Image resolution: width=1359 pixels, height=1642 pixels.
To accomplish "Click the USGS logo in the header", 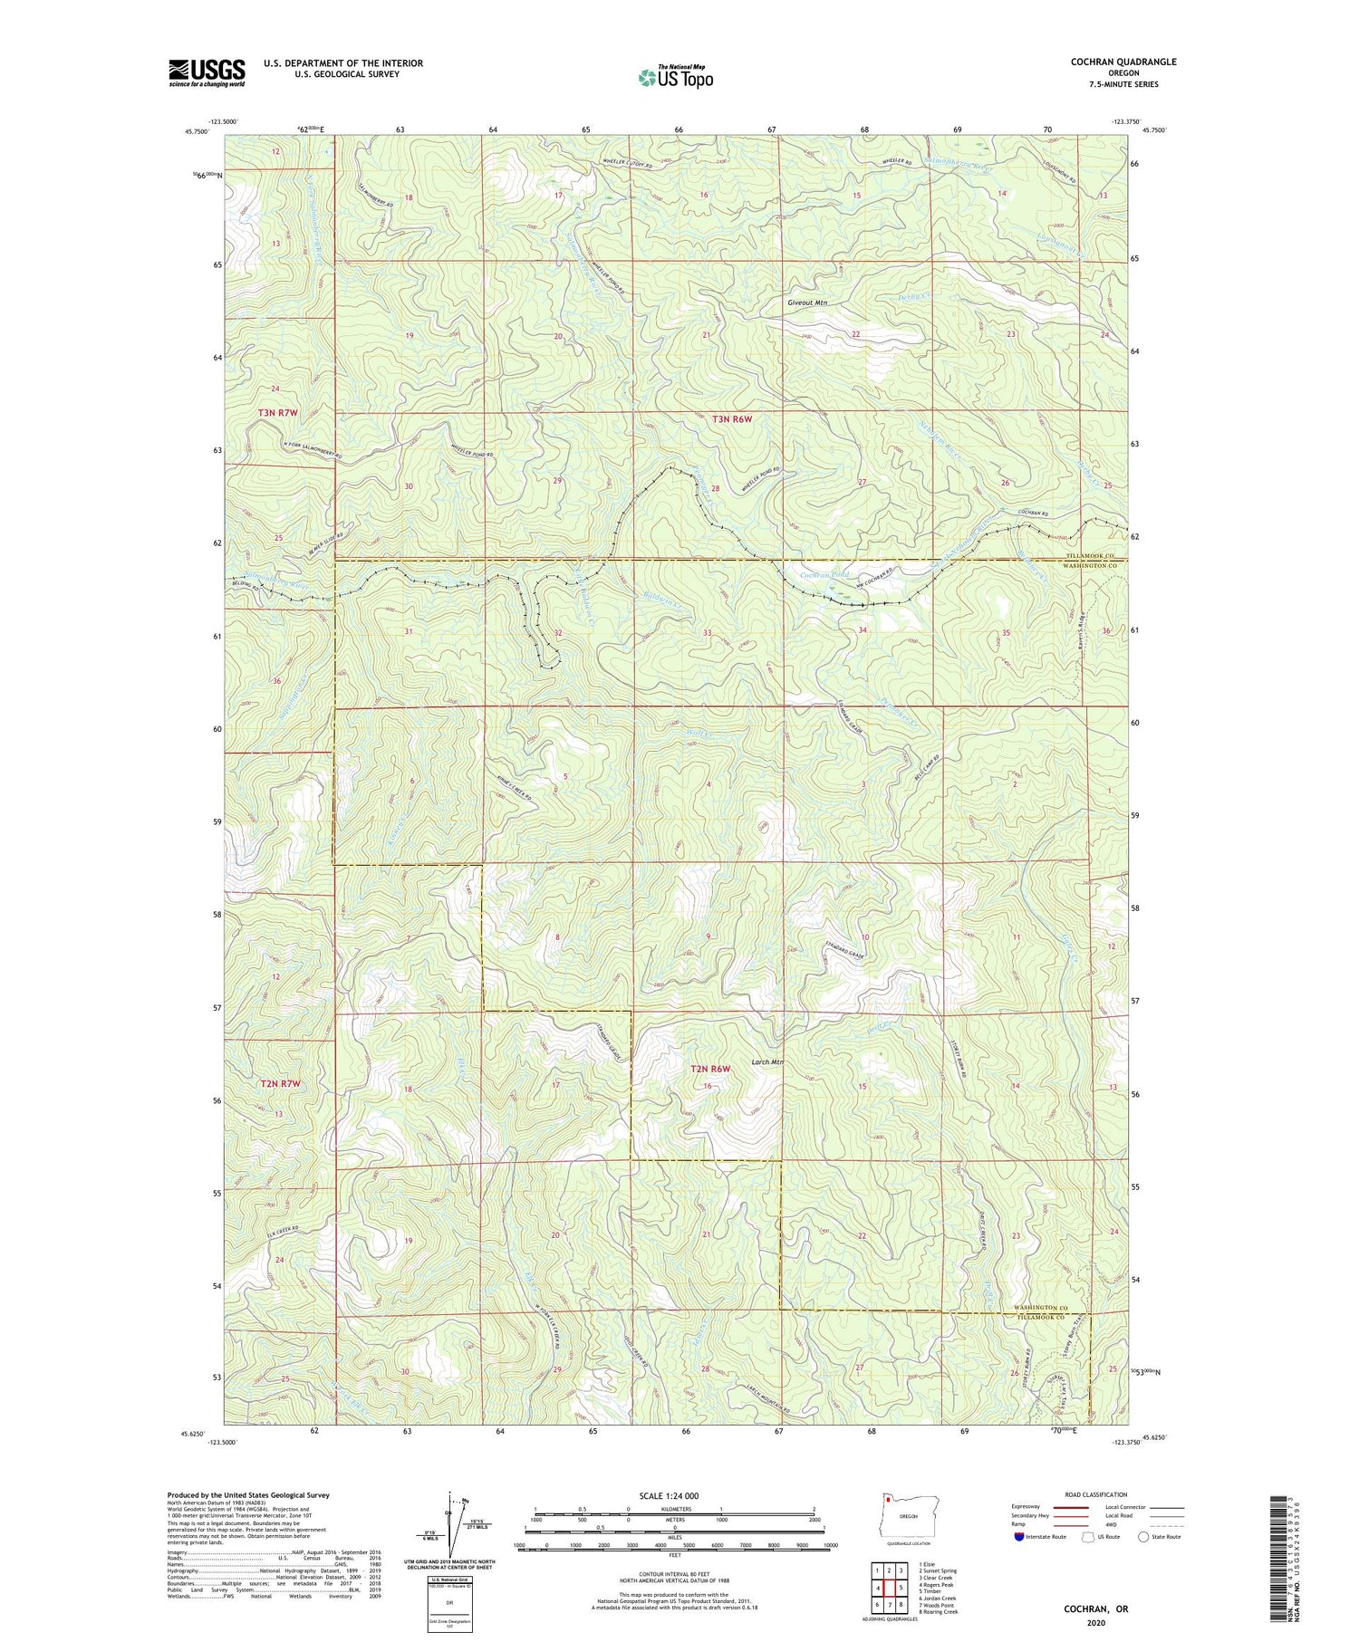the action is click(207, 72).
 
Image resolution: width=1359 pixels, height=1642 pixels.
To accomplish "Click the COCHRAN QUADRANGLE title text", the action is click(1123, 62).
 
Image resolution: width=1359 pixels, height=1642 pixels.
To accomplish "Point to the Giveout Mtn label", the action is click(806, 304).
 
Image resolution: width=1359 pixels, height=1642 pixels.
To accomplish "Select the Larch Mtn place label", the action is click(766, 1062).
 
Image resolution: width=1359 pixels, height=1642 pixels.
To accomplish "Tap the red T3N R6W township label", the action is click(731, 419).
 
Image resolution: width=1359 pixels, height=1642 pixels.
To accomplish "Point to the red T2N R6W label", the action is click(710, 1070).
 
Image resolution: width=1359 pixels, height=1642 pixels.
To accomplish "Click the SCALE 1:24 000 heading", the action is click(669, 1495).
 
